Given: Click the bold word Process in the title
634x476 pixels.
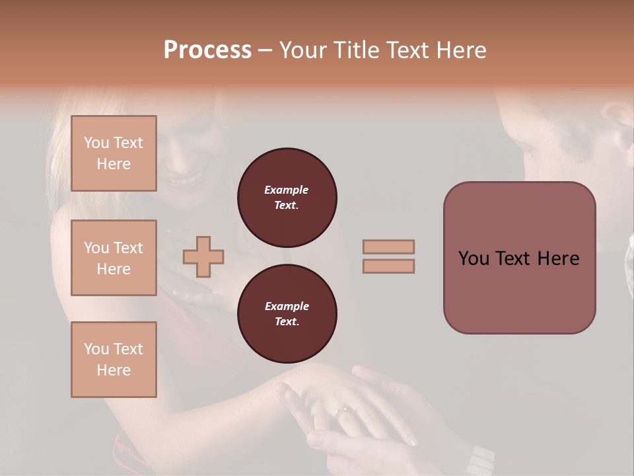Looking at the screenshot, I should (x=207, y=50).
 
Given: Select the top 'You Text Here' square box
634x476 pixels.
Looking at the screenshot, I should (x=114, y=153).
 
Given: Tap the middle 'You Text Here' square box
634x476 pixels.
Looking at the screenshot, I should (x=114, y=258).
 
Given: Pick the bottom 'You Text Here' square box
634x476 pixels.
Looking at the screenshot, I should (x=114, y=360).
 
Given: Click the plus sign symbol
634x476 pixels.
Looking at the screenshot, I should (x=203, y=257).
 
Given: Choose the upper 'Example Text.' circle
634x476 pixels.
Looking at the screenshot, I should (x=287, y=198).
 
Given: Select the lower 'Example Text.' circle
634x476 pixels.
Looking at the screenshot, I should (x=287, y=314).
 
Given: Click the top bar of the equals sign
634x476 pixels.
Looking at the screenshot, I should (x=388, y=247).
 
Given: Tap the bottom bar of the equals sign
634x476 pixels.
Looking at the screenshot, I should (x=388, y=266).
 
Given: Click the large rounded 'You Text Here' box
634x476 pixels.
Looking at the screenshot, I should (x=519, y=258).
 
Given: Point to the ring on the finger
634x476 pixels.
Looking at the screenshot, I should (x=344, y=413).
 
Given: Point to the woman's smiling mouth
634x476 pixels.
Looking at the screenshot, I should (x=187, y=178).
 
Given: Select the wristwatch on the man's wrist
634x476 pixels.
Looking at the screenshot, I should (x=479, y=459).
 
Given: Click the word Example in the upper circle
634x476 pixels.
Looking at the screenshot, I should (x=287, y=190).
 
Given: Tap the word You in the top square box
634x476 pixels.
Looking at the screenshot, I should (x=96, y=143).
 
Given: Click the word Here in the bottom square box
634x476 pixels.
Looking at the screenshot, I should (x=114, y=370).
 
